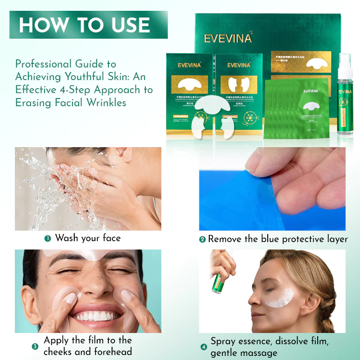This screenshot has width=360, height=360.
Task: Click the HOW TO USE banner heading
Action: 84,25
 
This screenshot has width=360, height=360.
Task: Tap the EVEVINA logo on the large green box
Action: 228,38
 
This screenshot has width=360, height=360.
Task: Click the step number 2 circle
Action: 202,240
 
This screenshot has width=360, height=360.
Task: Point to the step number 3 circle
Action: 35,346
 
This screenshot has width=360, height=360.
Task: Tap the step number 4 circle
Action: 203,347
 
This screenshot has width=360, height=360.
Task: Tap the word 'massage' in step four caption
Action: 261,353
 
